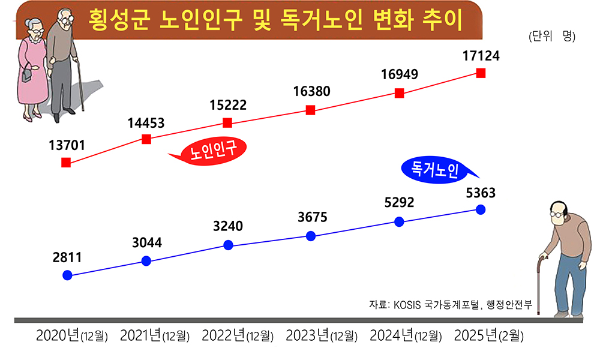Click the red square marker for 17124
(x=481, y=73)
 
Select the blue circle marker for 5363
(x=480, y=209)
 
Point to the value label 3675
(x=313, y=217)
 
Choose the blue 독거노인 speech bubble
(x=437, y=170)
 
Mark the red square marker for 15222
(x=227, y=123)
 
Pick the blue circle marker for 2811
(x=67, y=275)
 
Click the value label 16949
(x=399, y=74)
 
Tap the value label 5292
(x=399, y=203)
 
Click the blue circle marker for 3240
(x=228, y=245)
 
